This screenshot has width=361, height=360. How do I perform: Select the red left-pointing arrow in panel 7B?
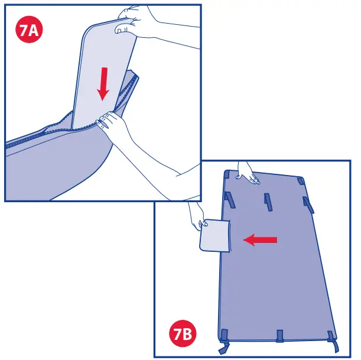point(261,239)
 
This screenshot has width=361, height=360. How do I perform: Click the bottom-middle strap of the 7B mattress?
point(280,337)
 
